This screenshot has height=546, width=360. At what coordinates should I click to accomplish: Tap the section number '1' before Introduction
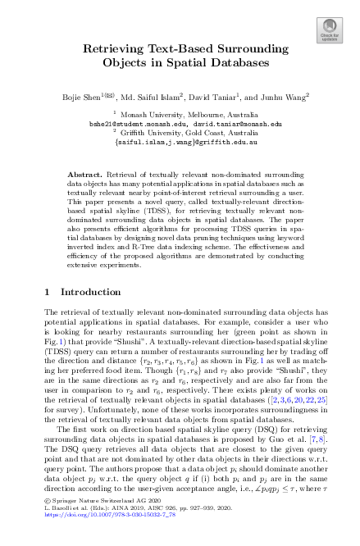click(46, 291)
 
